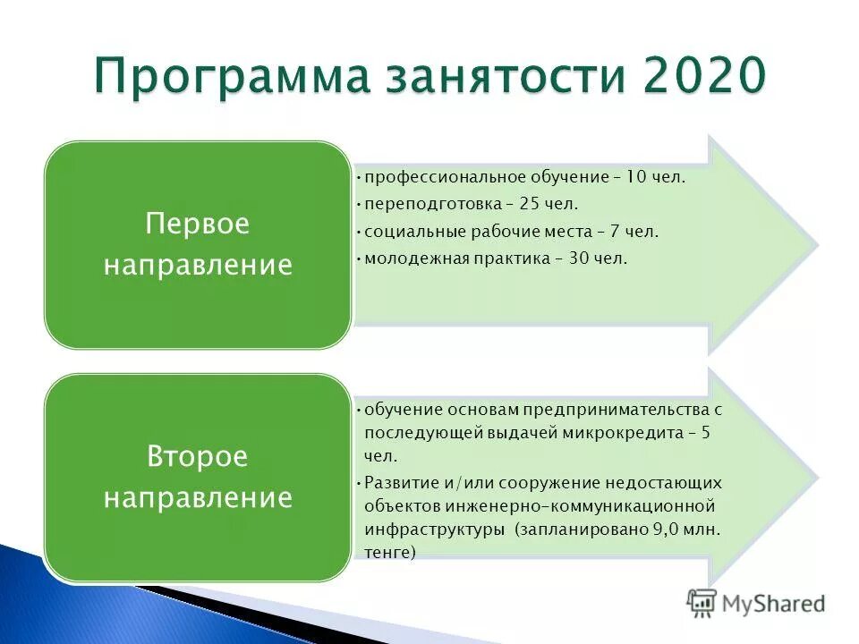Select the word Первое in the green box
[197, 224]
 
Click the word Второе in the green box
[197, 457]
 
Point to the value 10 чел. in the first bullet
[655, 177]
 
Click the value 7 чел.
[632, 232]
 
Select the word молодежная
[412, 258]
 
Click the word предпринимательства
[610, 409]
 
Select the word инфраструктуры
[433, 530]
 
